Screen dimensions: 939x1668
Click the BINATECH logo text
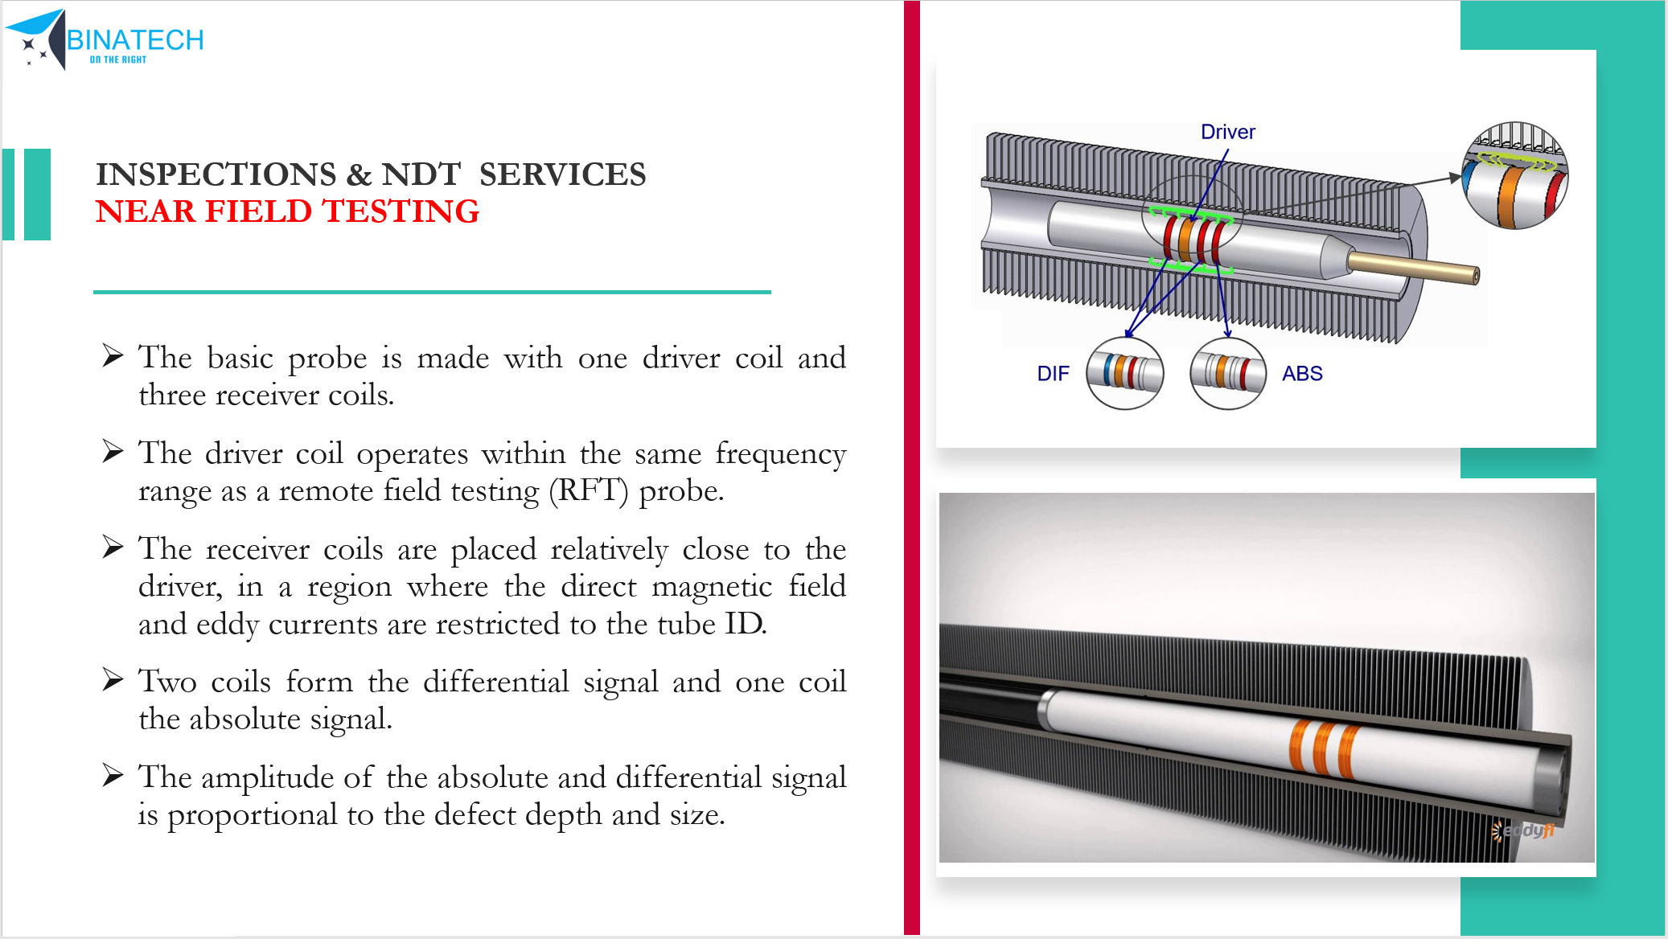pyautogui.click(x=135, y=39)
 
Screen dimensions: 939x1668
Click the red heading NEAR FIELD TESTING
pyautogui.click(x=287, y=211)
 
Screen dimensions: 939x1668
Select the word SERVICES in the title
pyautogui.click(x=562, y=174)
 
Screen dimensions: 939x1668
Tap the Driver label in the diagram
pyautogui.click(x=1227, y=132)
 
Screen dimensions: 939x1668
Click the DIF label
pyautogui.click(x=1053, y=374)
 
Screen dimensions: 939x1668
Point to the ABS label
pyautogui.click(x=1302, y=374)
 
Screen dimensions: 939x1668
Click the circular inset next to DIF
pyautogui.click(x=1124, y=373)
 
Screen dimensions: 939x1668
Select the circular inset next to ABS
pyautogui.click(x=1228, y=373)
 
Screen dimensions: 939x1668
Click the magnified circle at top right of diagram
pyautogui.click(x=1514, y=176)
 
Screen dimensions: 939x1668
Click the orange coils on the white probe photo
pyautogui.click(x=1323, y=748)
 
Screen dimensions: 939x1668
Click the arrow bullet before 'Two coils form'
pyautogui.click(x=113, y=681)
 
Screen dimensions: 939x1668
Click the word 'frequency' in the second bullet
pyautogui.click(x=780, y=453)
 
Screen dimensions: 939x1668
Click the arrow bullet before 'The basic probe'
pyautogui.click(x=113, y=355)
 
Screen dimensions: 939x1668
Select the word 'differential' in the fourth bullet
pyautogui.click(x=495, y=682)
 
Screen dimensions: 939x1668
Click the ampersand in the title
pyautogui.click(x=359, y=174)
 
